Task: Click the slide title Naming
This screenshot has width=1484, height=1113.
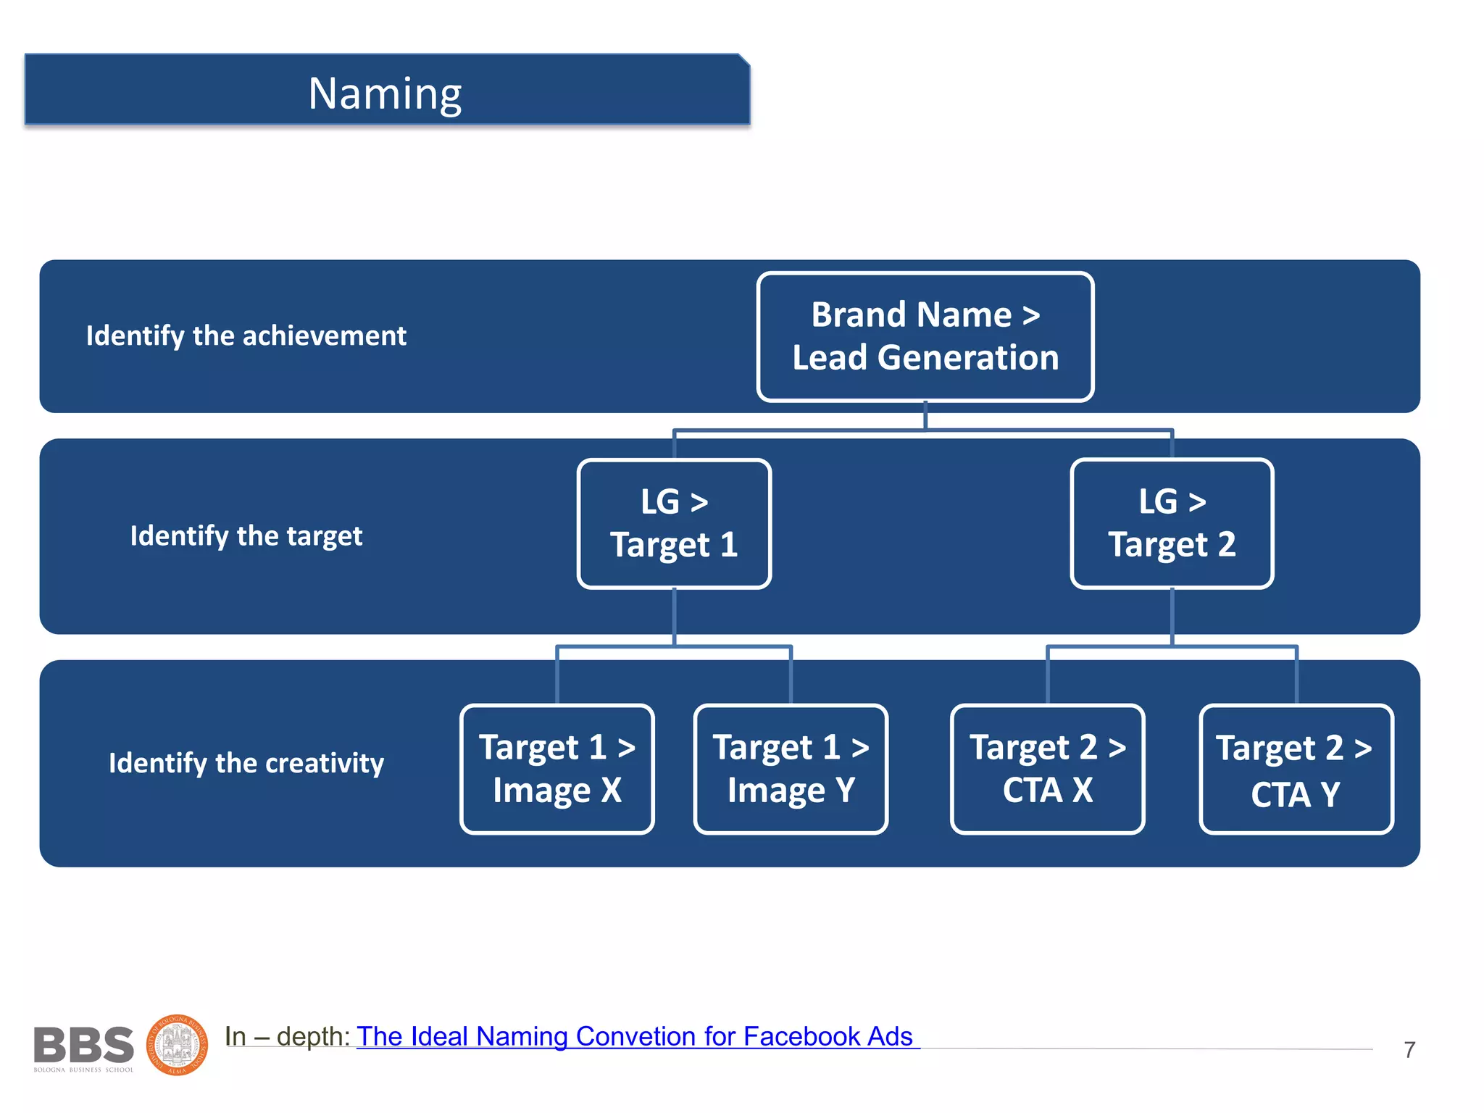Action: click(385, 93)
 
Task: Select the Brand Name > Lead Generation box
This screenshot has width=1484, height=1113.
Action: click(925, 336)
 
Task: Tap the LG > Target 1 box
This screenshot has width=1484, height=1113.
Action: click(674, 523)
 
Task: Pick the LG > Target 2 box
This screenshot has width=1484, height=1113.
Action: click(1172, 523)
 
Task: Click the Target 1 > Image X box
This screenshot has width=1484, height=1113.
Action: click(556, 769)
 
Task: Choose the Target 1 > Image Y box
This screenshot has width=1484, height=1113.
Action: click(791, 769)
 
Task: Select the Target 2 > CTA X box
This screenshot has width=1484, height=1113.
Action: click(1047, 769)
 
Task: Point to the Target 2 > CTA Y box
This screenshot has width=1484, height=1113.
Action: click(1296, 769)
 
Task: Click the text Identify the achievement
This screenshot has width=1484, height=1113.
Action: click(246, 336)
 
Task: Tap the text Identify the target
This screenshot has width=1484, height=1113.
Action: click(246, 536)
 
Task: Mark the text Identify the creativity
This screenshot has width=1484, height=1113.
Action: click(246, 763)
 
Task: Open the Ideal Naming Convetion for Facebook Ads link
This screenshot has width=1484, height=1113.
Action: click(635, 1036)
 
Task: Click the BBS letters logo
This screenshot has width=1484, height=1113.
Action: click(83, 1045)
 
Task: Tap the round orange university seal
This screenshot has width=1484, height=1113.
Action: click(178, 1045)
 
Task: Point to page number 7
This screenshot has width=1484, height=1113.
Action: click(1409, 1049)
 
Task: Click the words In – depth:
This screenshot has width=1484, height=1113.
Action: click(288, 1036)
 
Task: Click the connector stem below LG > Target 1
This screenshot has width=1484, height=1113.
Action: click(674, 616)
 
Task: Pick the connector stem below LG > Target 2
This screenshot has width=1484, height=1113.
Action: click(1172, 616)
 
